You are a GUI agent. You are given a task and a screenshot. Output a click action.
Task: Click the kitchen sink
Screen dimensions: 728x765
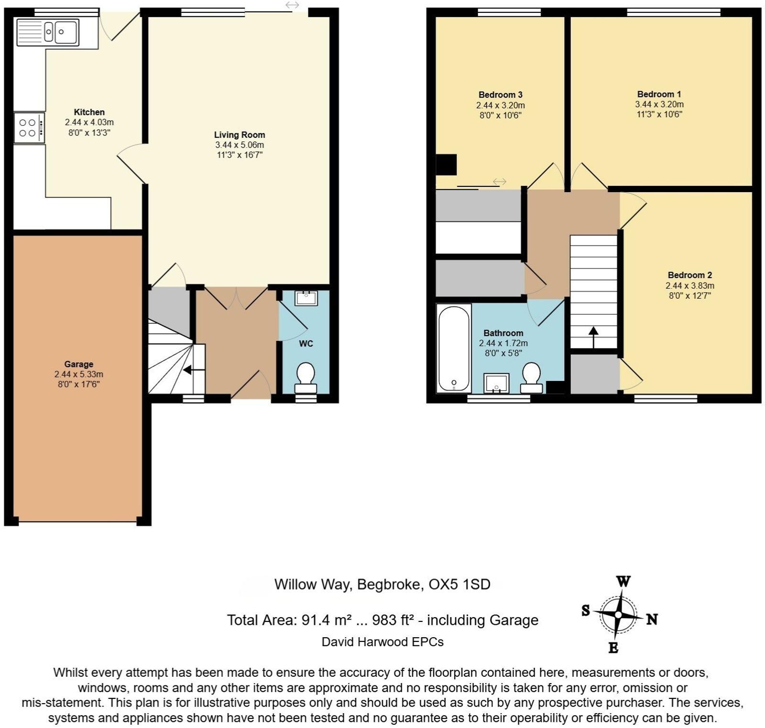tap(48, 32)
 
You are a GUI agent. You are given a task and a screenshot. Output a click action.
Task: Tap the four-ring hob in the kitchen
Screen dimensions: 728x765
tap(29, 128)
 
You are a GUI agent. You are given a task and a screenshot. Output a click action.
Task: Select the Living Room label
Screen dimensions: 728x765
tap(239, 135)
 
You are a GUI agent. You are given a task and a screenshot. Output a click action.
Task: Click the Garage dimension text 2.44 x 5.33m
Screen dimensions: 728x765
tap(79, 374)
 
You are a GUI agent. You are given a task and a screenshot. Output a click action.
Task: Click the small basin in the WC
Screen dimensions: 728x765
tap(306, 298)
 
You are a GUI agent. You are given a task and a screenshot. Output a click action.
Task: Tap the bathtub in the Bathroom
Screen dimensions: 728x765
tap(454, 348)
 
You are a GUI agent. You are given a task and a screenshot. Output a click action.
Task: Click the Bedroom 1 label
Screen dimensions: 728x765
tap(659, 94)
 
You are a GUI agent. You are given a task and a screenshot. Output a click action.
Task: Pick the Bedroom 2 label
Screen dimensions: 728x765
tap(689, 275)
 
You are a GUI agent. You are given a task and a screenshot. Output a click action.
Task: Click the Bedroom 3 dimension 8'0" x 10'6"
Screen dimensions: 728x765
tap(500, 115)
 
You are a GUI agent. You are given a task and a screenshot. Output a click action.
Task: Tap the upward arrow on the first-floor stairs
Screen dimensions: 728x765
tap(593, 336)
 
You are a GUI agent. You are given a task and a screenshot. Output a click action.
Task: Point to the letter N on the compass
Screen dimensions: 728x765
tap(652, 619)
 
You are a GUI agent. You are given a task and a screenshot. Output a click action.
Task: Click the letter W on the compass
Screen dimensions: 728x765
tap(623, 582)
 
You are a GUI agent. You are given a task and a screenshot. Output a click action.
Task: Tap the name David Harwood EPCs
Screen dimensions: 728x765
tap(382, 641)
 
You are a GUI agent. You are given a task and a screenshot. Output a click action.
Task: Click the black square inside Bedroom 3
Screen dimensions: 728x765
tap(447, 164)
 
